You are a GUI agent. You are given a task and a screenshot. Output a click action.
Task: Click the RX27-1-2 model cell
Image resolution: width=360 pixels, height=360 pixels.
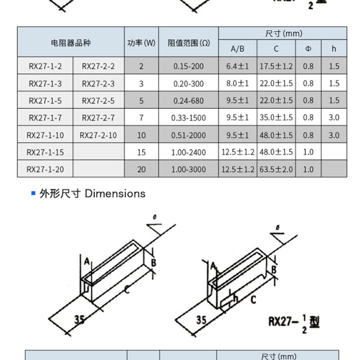click(x=45, y=66)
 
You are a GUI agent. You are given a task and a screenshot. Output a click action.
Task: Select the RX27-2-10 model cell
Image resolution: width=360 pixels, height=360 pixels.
click(x=98, y=135)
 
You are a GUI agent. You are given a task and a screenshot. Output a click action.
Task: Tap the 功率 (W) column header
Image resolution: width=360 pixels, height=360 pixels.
click(x=141, y=43)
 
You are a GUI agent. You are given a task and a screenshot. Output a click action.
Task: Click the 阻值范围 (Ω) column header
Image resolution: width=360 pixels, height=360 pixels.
click(x=189, y=43)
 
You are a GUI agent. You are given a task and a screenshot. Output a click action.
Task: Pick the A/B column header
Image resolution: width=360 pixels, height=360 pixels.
click(x=238, y=49)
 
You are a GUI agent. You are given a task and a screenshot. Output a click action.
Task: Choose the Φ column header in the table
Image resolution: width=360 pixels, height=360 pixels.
click(x=308, y=49)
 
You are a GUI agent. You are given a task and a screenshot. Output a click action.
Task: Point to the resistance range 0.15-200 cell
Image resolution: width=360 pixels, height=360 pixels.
click(x=189, y=66)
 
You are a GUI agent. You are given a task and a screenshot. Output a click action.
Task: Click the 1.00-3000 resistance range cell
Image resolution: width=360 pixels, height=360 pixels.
click(x=189, y=169)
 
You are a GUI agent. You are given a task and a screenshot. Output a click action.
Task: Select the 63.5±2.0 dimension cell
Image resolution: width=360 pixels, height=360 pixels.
click(x=276, y=169)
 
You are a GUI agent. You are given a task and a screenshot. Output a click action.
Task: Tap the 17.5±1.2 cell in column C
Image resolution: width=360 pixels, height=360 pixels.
click(x=276, y=66)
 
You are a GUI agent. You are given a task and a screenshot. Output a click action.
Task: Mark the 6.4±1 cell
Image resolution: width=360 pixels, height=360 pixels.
click(x=238, y=66)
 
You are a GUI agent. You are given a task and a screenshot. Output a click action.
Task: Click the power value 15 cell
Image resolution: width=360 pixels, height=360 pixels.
click(x=141, y=152)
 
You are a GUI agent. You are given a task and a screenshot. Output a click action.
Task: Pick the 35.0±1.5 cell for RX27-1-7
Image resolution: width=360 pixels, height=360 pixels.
click(x=276, y=118)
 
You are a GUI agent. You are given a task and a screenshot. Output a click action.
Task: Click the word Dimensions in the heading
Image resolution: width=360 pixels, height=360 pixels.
click(x=115, y=193)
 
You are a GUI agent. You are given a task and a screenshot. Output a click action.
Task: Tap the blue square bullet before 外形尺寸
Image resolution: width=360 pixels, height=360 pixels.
click(x=33, y=193)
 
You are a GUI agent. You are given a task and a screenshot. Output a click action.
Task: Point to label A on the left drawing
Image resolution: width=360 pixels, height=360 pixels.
click(x=86, y=260)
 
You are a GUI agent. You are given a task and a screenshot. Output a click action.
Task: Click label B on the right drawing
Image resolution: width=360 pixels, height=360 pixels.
click(x=273, y=269)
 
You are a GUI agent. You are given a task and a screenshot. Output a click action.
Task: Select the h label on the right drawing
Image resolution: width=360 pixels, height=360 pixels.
click(x=235, y=298)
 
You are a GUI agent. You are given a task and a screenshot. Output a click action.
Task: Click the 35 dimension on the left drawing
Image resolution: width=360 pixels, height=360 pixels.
click(x=79, y=319)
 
